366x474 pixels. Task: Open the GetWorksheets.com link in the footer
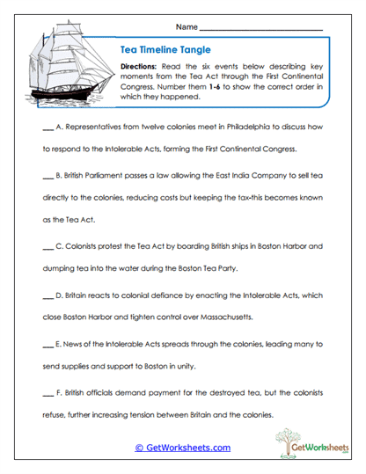point(182,448)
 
